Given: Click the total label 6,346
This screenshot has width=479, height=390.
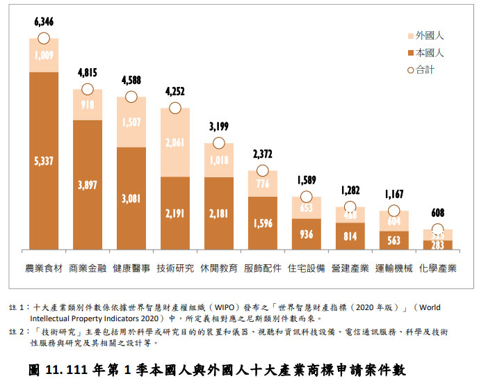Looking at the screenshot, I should coord(43,24).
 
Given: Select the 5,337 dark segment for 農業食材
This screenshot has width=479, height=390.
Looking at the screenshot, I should coord(44,161).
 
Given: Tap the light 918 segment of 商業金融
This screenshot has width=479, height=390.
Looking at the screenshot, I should coord(88,105).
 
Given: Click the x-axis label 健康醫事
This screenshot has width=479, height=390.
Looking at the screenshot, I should coord(131,268).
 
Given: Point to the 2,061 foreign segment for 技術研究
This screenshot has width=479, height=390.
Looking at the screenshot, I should coord(175,143).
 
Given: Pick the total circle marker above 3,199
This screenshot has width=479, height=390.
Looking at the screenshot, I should coord(219,143).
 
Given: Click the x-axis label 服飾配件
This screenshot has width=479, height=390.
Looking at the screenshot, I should coord(262,268).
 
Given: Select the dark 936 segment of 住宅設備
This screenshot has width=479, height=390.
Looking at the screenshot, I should coord(307,234).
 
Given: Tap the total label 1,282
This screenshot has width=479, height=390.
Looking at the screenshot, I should coord(350,190).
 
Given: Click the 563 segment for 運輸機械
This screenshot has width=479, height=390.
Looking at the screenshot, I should coord(393,241).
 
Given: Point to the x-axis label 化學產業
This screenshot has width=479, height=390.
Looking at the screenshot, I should coord(437,268).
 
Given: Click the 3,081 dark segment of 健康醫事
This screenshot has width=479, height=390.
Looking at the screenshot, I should coord(131,198).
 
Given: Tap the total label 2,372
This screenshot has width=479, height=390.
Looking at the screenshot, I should coord(263,154).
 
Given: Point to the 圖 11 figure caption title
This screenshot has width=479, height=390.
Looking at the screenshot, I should coord(216,370).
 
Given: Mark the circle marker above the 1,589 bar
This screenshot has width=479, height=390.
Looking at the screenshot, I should coord(307,197).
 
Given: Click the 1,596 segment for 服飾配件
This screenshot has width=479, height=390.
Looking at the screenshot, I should coord(263,223).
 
